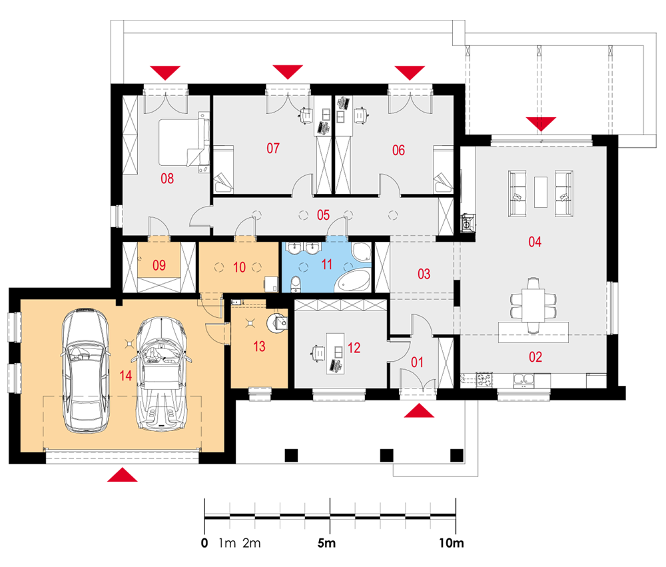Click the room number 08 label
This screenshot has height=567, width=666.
[x=167, y=179]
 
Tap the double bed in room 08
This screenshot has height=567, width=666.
[x=184, y=142]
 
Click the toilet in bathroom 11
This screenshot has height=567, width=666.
[x=296, y=284]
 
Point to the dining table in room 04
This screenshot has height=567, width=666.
[x=533, y=305]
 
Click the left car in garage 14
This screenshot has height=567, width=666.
[x=86, y=370]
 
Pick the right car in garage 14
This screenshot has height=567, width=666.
[x=161, y=374]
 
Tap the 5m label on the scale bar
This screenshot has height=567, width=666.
[x=326, y=543]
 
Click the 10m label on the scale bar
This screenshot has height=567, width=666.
[x=451, y=543]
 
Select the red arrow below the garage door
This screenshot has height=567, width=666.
[x=123, y=475]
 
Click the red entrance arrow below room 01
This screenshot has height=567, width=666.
[x=419, y=410]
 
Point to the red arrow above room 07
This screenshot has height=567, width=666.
[x=288, y=72]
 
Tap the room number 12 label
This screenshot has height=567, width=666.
[x=354, y=348]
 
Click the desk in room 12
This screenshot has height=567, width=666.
[x=335, y=354]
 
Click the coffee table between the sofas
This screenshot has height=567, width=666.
[x=540, y=192]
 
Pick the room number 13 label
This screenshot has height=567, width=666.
[x=259, y=346]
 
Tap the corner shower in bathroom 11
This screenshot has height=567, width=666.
[x=361, y=252]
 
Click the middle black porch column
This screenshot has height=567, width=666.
[x=386, y=455]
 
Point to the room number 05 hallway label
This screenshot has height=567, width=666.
[x=323, y=215]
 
